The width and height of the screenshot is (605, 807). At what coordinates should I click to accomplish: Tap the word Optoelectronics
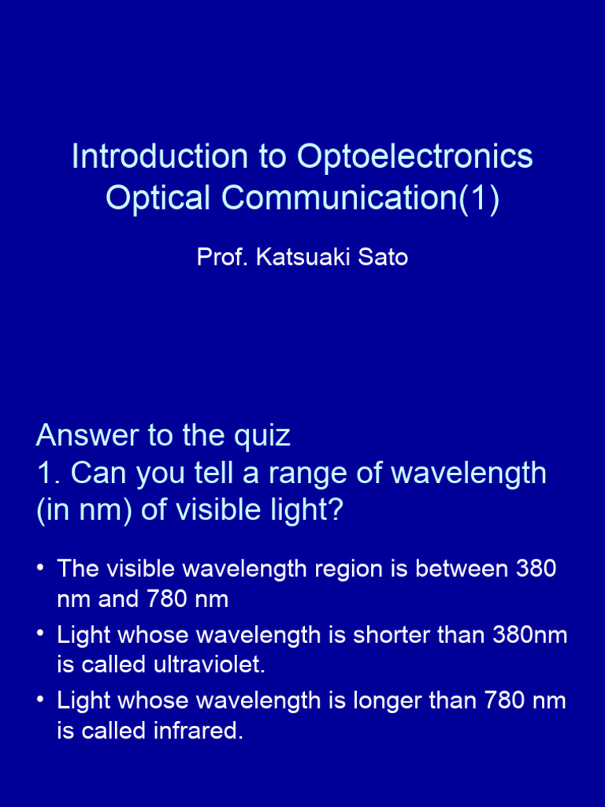[x=415, y=156]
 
